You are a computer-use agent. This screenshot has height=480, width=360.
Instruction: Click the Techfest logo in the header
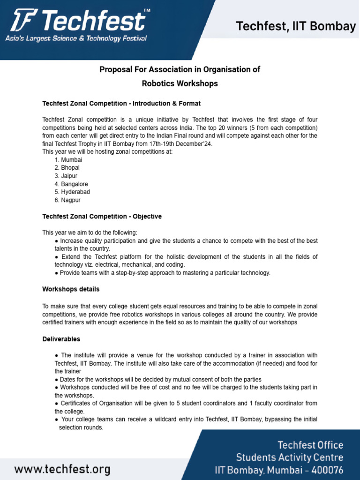[77, 22]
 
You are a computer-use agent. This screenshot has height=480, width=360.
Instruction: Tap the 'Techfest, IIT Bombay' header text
[296, 27]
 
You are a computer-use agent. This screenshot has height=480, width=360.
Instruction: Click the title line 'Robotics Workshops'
[180, 84]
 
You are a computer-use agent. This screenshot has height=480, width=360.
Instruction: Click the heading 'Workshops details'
[71, 289]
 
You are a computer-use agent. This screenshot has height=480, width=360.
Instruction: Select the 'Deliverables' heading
[61, 339]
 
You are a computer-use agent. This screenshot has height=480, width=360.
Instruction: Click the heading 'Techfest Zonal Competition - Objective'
[102, 217]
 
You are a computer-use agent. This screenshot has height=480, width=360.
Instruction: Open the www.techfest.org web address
[62, 469]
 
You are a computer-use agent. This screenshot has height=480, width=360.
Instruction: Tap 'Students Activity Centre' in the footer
[289, 457]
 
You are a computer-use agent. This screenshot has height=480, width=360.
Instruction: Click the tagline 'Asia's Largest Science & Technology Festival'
[76, 38]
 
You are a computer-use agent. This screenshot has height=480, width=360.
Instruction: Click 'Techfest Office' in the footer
[310, 445]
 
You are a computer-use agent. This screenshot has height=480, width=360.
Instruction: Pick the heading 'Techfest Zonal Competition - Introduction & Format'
[122, 103]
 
